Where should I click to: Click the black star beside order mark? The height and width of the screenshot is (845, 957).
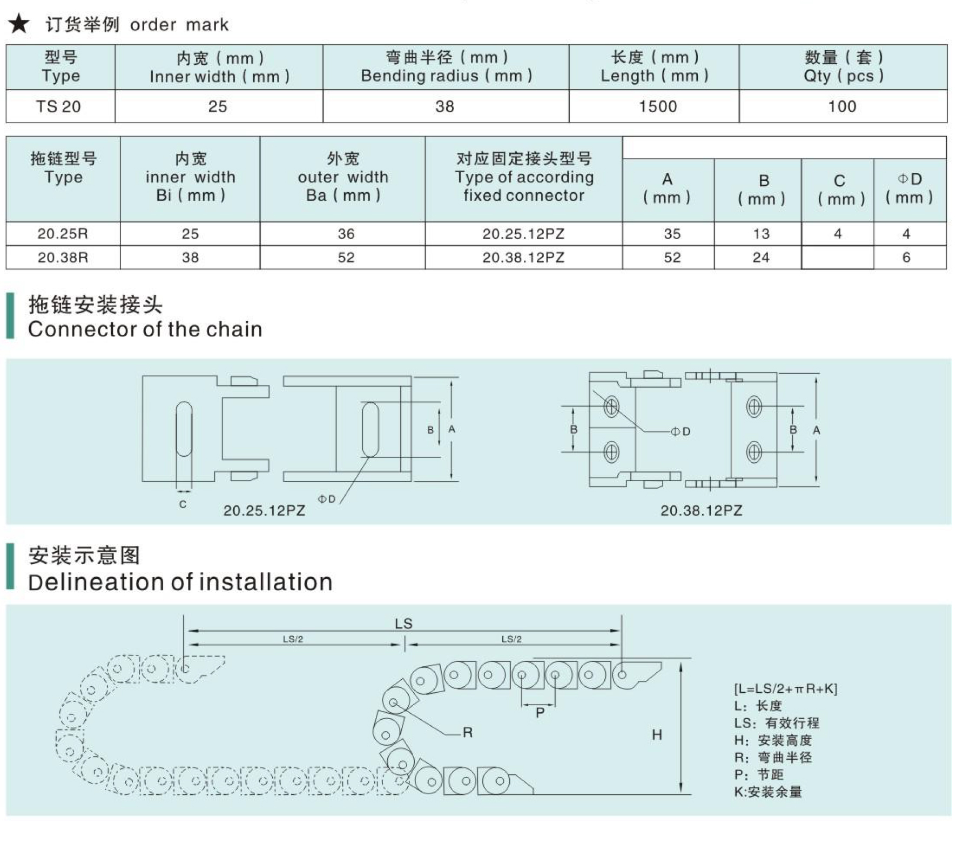pyautogui.click(x=19, y=24)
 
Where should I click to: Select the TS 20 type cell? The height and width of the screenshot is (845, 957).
pyautogui.click(x=59, y=106)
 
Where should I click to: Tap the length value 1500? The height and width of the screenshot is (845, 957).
pyautogui.click(x=657, y=106)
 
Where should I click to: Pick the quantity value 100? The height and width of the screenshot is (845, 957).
pyautogui.click(x=842, y=106)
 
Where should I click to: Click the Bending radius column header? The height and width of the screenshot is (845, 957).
pyautogui.click(x=446, y=67)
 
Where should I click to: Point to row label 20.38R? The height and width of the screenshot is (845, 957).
pyautogui.click(x=63, y=258)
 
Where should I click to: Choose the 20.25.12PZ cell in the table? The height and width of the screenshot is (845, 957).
pyautogui.click(x=523, y=234)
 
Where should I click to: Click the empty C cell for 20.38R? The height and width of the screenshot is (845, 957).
pyautogui.click(x=837, y=258)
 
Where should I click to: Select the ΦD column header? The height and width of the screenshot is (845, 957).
pyautogui.click(x=909, y=188)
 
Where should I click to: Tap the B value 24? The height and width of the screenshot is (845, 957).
pyautogui.click(x=760, y=258)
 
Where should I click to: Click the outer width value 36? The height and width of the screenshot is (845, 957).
pyautogui.click(x=346, y=234)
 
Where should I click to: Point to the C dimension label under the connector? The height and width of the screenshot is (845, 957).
pyautogui.click(x=183, y=504)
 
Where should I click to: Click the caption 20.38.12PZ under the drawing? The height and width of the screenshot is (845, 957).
pyautogui.click(x=701, y=511)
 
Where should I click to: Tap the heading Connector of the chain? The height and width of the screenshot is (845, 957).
pyautogui.click(x=145, y=329)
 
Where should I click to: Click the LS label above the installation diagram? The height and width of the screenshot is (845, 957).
pyautogui.click(x=403, y=624)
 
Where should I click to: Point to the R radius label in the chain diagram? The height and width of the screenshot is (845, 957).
pyautogui.click(x=468, y=733)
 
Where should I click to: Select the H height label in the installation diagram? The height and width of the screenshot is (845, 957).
pyautogui.click(x=657, y=734)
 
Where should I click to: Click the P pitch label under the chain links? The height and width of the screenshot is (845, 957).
pyautogui.click(x=540, y=713)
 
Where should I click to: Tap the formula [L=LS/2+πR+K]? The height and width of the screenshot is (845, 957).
pyautogui.click(x=785, y=689)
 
